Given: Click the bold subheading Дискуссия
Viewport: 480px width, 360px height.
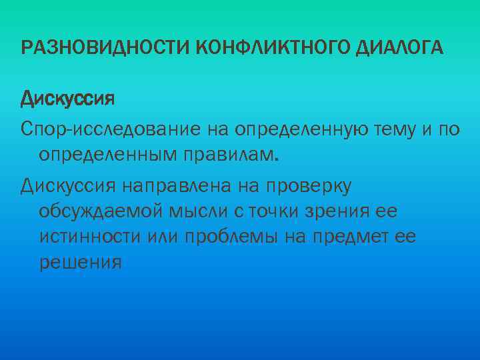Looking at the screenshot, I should coord(67,99).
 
